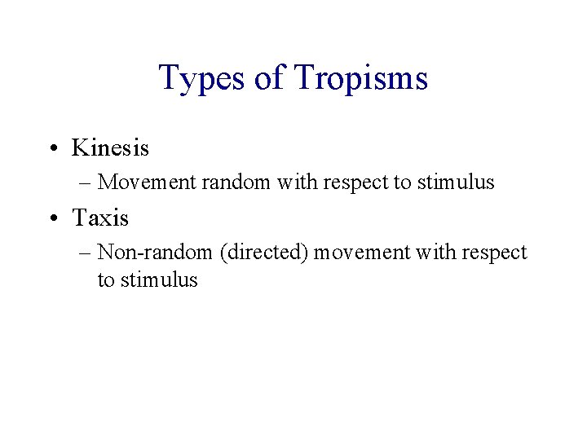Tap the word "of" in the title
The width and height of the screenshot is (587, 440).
pyautogui.click(x=267, y=79)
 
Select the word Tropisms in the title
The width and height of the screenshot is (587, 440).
pyautogui.click(x=360, y=79)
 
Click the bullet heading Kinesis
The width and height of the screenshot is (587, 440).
pyautogui.click(x=110, y=147)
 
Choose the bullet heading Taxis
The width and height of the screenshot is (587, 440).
pyautogui.click(x=100, y=218)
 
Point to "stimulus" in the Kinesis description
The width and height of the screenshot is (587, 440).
pyautogui.click(x=456, y=183)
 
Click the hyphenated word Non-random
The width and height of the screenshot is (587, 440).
pyautogui.click(x=155, y=253)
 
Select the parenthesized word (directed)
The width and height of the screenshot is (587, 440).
pyautogui.click(x=263, y=253)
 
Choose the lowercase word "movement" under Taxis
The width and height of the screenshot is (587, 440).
pyautogui.click(x=363, y=253)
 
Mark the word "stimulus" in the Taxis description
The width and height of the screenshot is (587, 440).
pyautogui.click(x=159, y=280)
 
